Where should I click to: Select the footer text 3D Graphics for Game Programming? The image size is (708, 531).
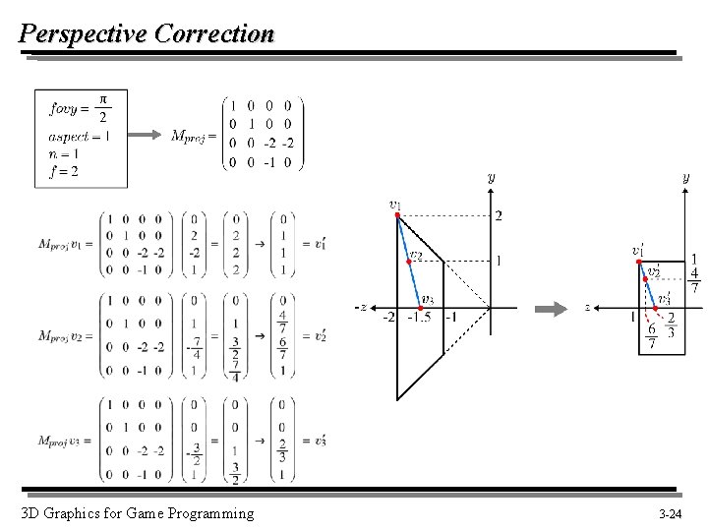click(137, 513)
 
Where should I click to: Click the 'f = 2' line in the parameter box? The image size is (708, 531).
click(64, 170)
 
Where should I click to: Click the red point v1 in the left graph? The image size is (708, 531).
click(396, 217)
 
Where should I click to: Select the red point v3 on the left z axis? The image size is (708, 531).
click(420, 308)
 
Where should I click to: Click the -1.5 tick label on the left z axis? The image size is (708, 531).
click(421, 318)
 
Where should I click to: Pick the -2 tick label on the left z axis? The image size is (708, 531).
click(388, 318)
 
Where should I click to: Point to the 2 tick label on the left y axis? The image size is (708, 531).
click(498, 216)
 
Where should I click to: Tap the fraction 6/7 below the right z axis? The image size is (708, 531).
click(651, 335)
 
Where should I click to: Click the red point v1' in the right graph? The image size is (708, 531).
click(638, 262)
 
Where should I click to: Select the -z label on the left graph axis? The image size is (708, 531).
click(361, 308)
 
